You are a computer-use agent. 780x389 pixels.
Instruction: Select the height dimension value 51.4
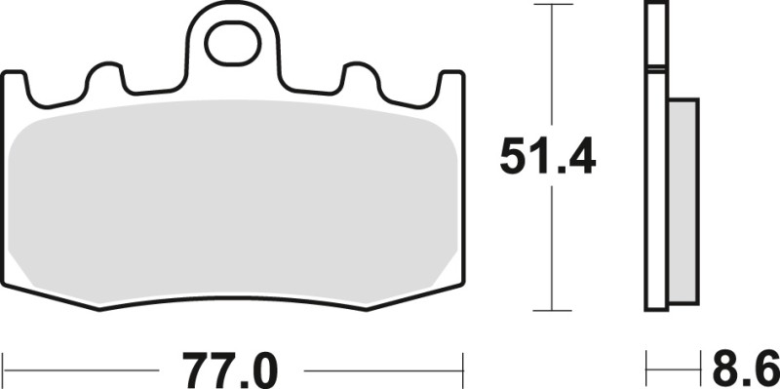tap(549, 156)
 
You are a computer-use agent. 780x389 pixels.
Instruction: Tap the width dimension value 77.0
tap(232, 370)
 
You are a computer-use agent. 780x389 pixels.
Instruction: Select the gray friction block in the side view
tap(683, 195)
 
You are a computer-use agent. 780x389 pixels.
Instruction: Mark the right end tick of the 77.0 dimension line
tap(461, 370)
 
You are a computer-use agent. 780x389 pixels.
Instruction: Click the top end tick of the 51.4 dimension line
tap(553, 5)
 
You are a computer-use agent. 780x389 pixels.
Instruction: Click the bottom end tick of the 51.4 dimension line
tap(553, 311)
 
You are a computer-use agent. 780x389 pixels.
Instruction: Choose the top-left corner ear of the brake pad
tap(16, 83)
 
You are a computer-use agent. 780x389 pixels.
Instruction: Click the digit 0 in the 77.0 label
tap(262, 370)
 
